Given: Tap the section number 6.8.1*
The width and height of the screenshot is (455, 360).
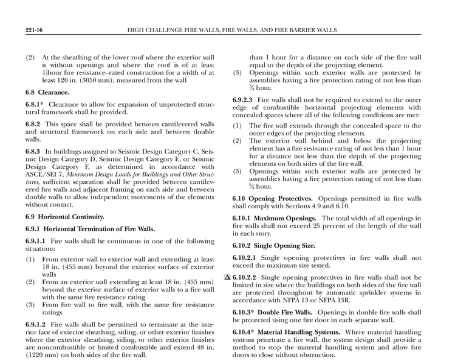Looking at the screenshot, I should click(35, 105).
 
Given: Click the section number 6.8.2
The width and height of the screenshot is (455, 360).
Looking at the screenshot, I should click(33, 124).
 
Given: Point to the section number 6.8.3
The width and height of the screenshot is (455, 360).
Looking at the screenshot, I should click(33, 150).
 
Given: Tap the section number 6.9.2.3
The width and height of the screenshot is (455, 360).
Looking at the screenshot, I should click(244, 99).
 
